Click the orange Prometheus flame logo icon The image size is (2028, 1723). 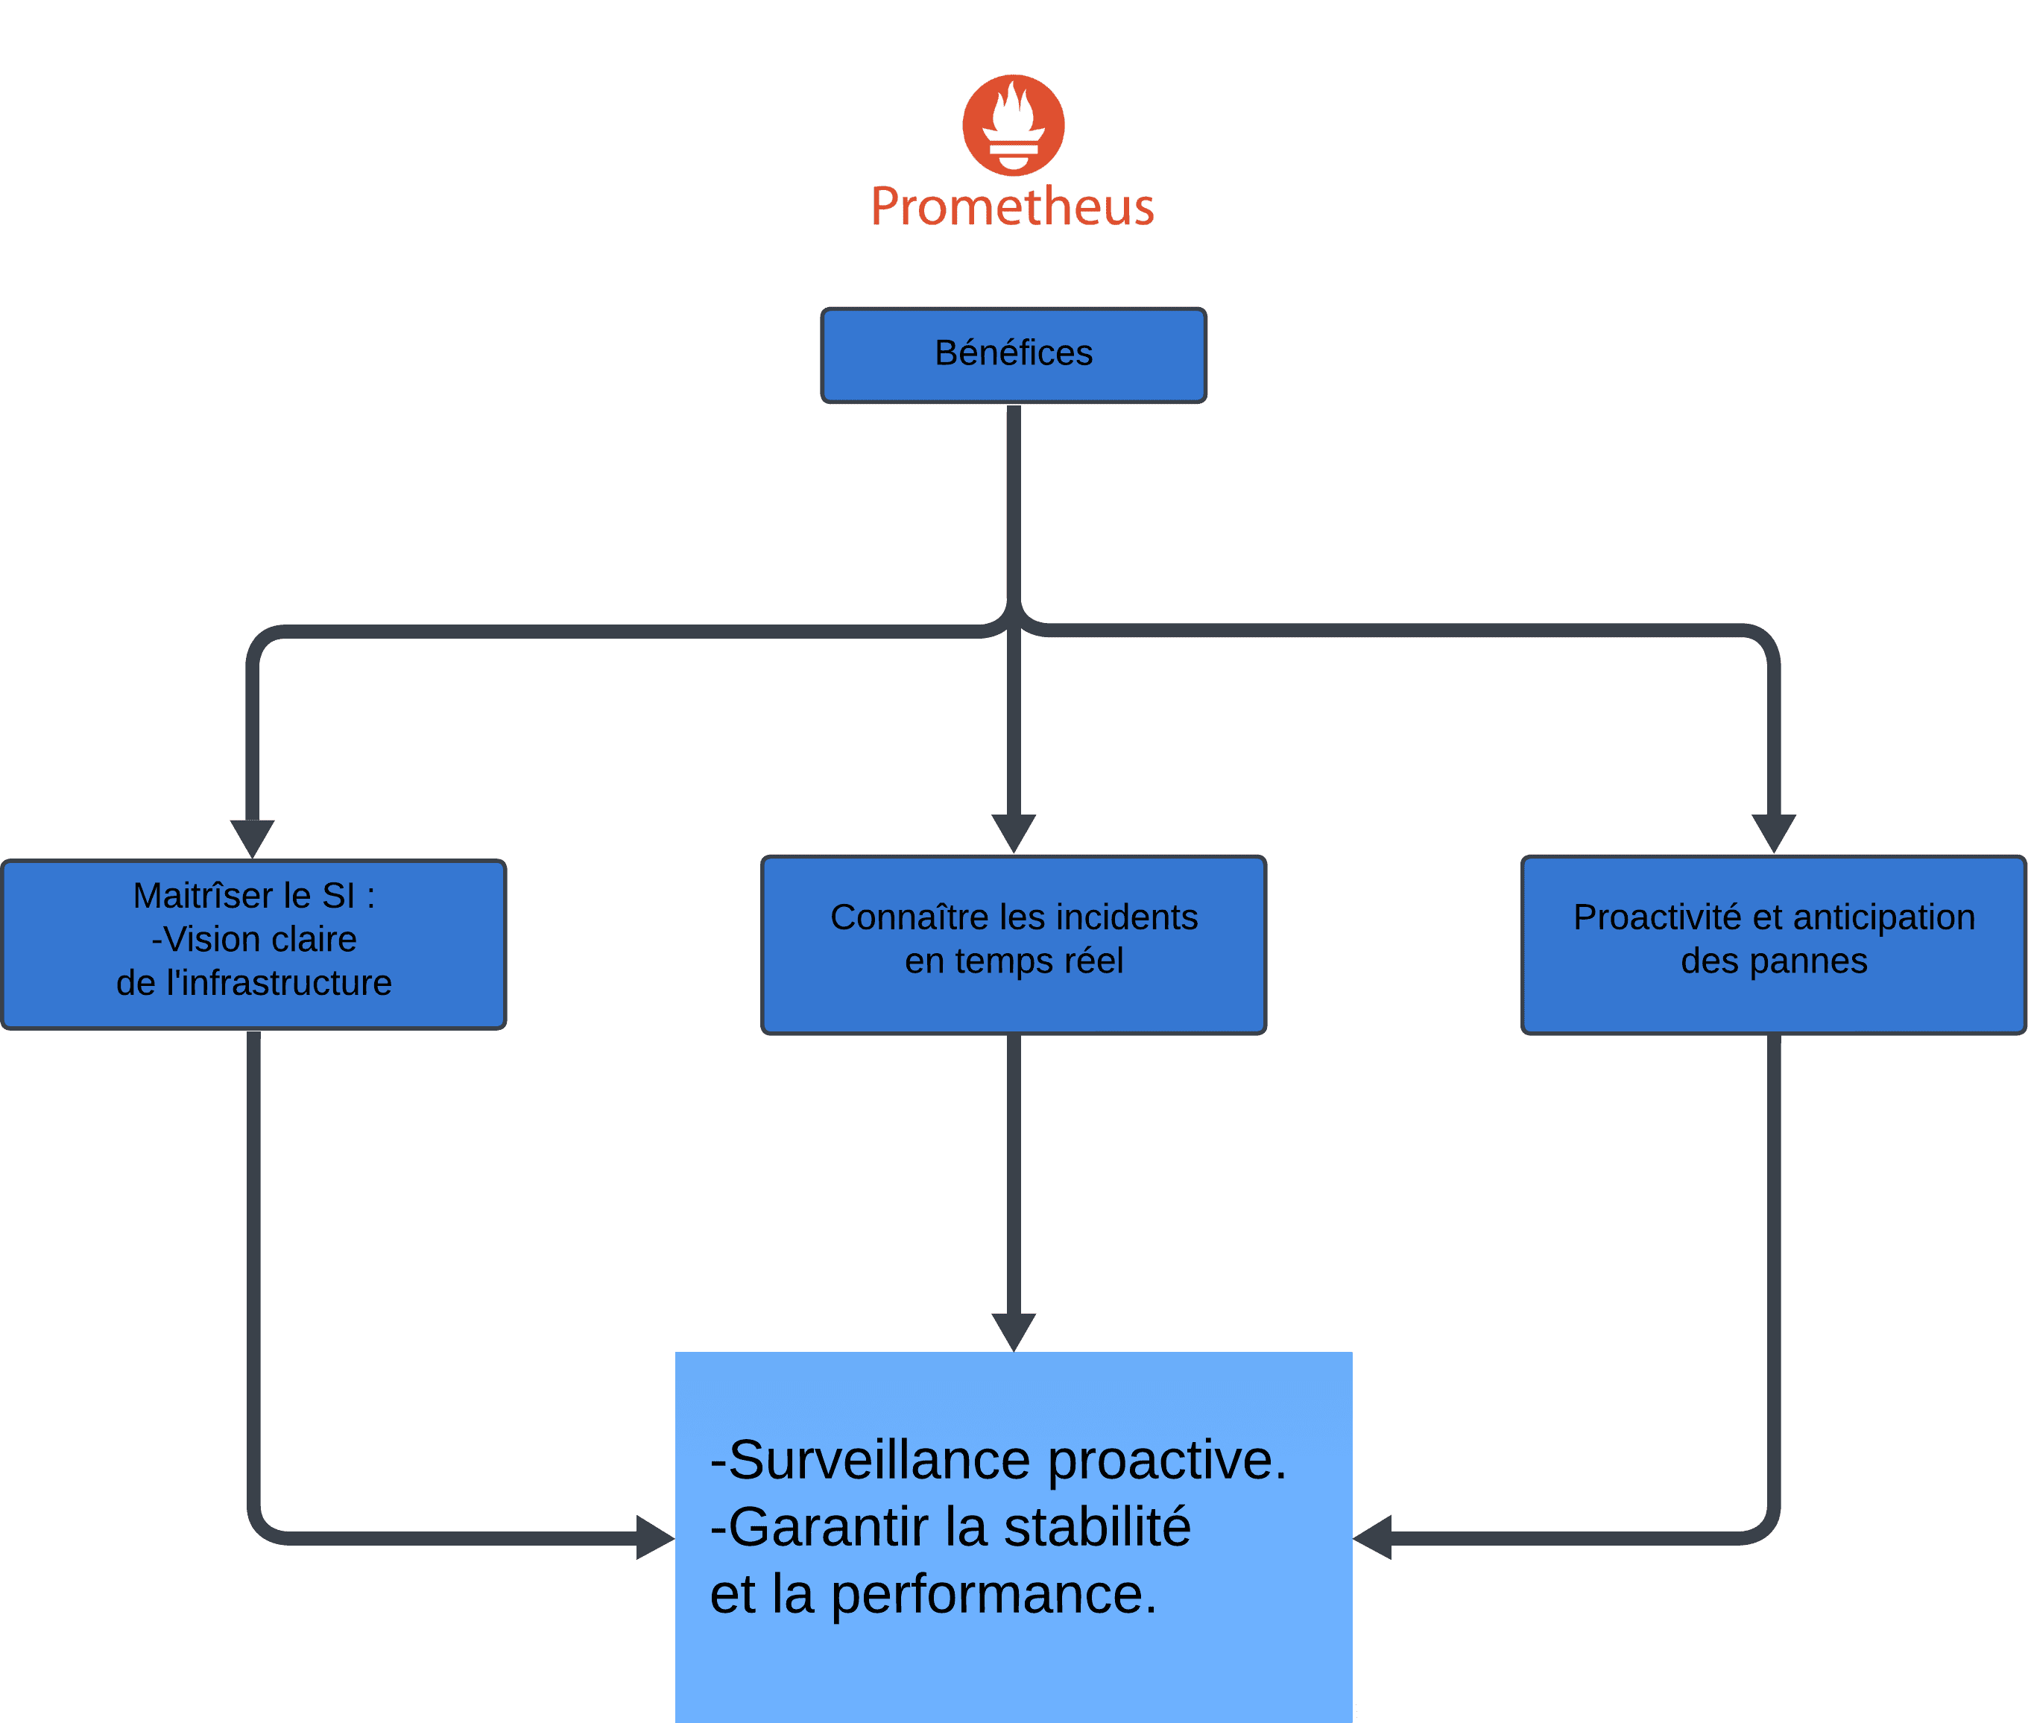[1013, 125]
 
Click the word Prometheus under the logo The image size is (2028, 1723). [1013, 207]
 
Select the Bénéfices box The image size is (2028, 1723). [1013, 355]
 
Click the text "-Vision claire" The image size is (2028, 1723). [254, 939]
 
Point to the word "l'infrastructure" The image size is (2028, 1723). [279, 983]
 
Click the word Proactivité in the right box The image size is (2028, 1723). [1658, 917]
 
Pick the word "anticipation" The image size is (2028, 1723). [1883, 917]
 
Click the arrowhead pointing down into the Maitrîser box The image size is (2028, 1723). [252, 839]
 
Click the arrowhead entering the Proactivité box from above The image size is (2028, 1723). [1774, 834]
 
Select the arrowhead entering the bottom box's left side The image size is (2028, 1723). [655, 1537]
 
